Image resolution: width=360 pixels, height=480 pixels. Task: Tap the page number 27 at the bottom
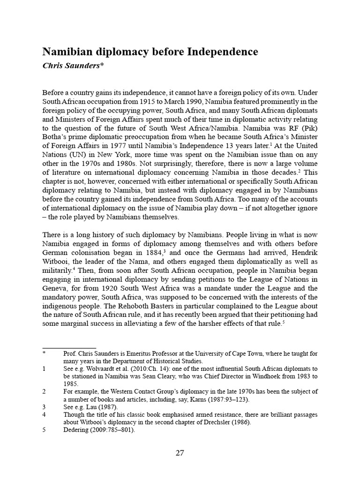[x=180, y=453]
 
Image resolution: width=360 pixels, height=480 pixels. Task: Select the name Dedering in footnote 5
[x=77, y=429]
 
